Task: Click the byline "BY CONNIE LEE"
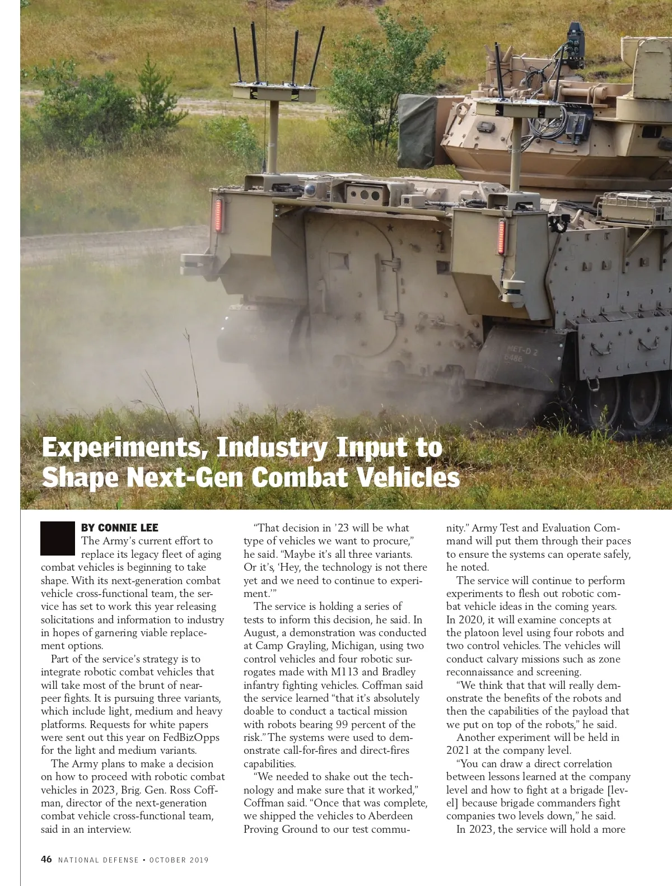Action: click(x=119, y=528)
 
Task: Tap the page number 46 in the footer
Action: click(x=46, y=859)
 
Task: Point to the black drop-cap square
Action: click(x=58, y=538)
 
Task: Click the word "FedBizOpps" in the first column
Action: click(x=191, y=737)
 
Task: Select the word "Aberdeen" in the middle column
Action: click(x=390, y=815)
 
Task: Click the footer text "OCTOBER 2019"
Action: click(x=179, y=860)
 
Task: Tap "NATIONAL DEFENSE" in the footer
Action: click(x=99, y=860)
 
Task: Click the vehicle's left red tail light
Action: click(x=218, y=215)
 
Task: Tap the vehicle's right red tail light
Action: click(x=502, y=236)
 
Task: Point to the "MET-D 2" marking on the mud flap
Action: click(x=521, y=351)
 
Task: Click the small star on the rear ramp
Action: click(x=389, y=228)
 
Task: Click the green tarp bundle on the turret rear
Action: click(x=418, y=132)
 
